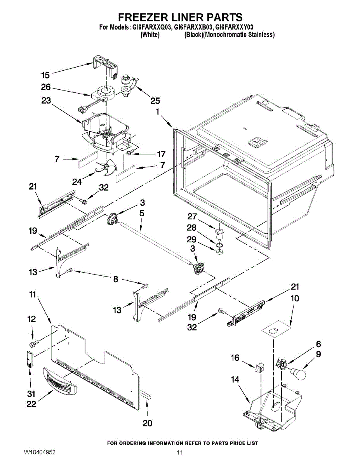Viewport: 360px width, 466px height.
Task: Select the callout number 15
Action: coord(45,75)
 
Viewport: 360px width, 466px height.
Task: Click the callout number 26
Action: coord(46,87)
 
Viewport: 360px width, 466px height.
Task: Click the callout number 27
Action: coord(192,216)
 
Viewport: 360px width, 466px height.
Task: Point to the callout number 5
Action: coord(142,213)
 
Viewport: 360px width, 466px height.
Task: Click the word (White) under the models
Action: coord(150,35)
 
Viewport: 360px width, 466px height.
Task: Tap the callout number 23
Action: coord(46,100)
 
